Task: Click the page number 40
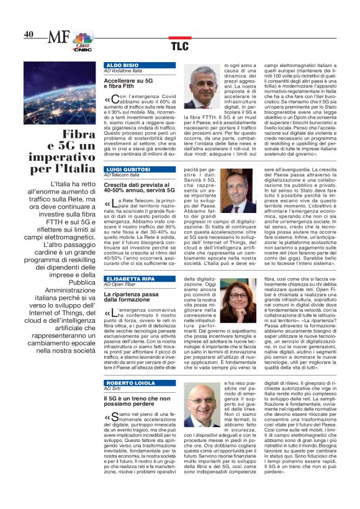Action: point(29,35)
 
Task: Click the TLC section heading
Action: point(179,45)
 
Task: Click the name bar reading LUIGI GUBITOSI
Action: point(128,169)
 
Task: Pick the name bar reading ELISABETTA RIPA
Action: point(130,278)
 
